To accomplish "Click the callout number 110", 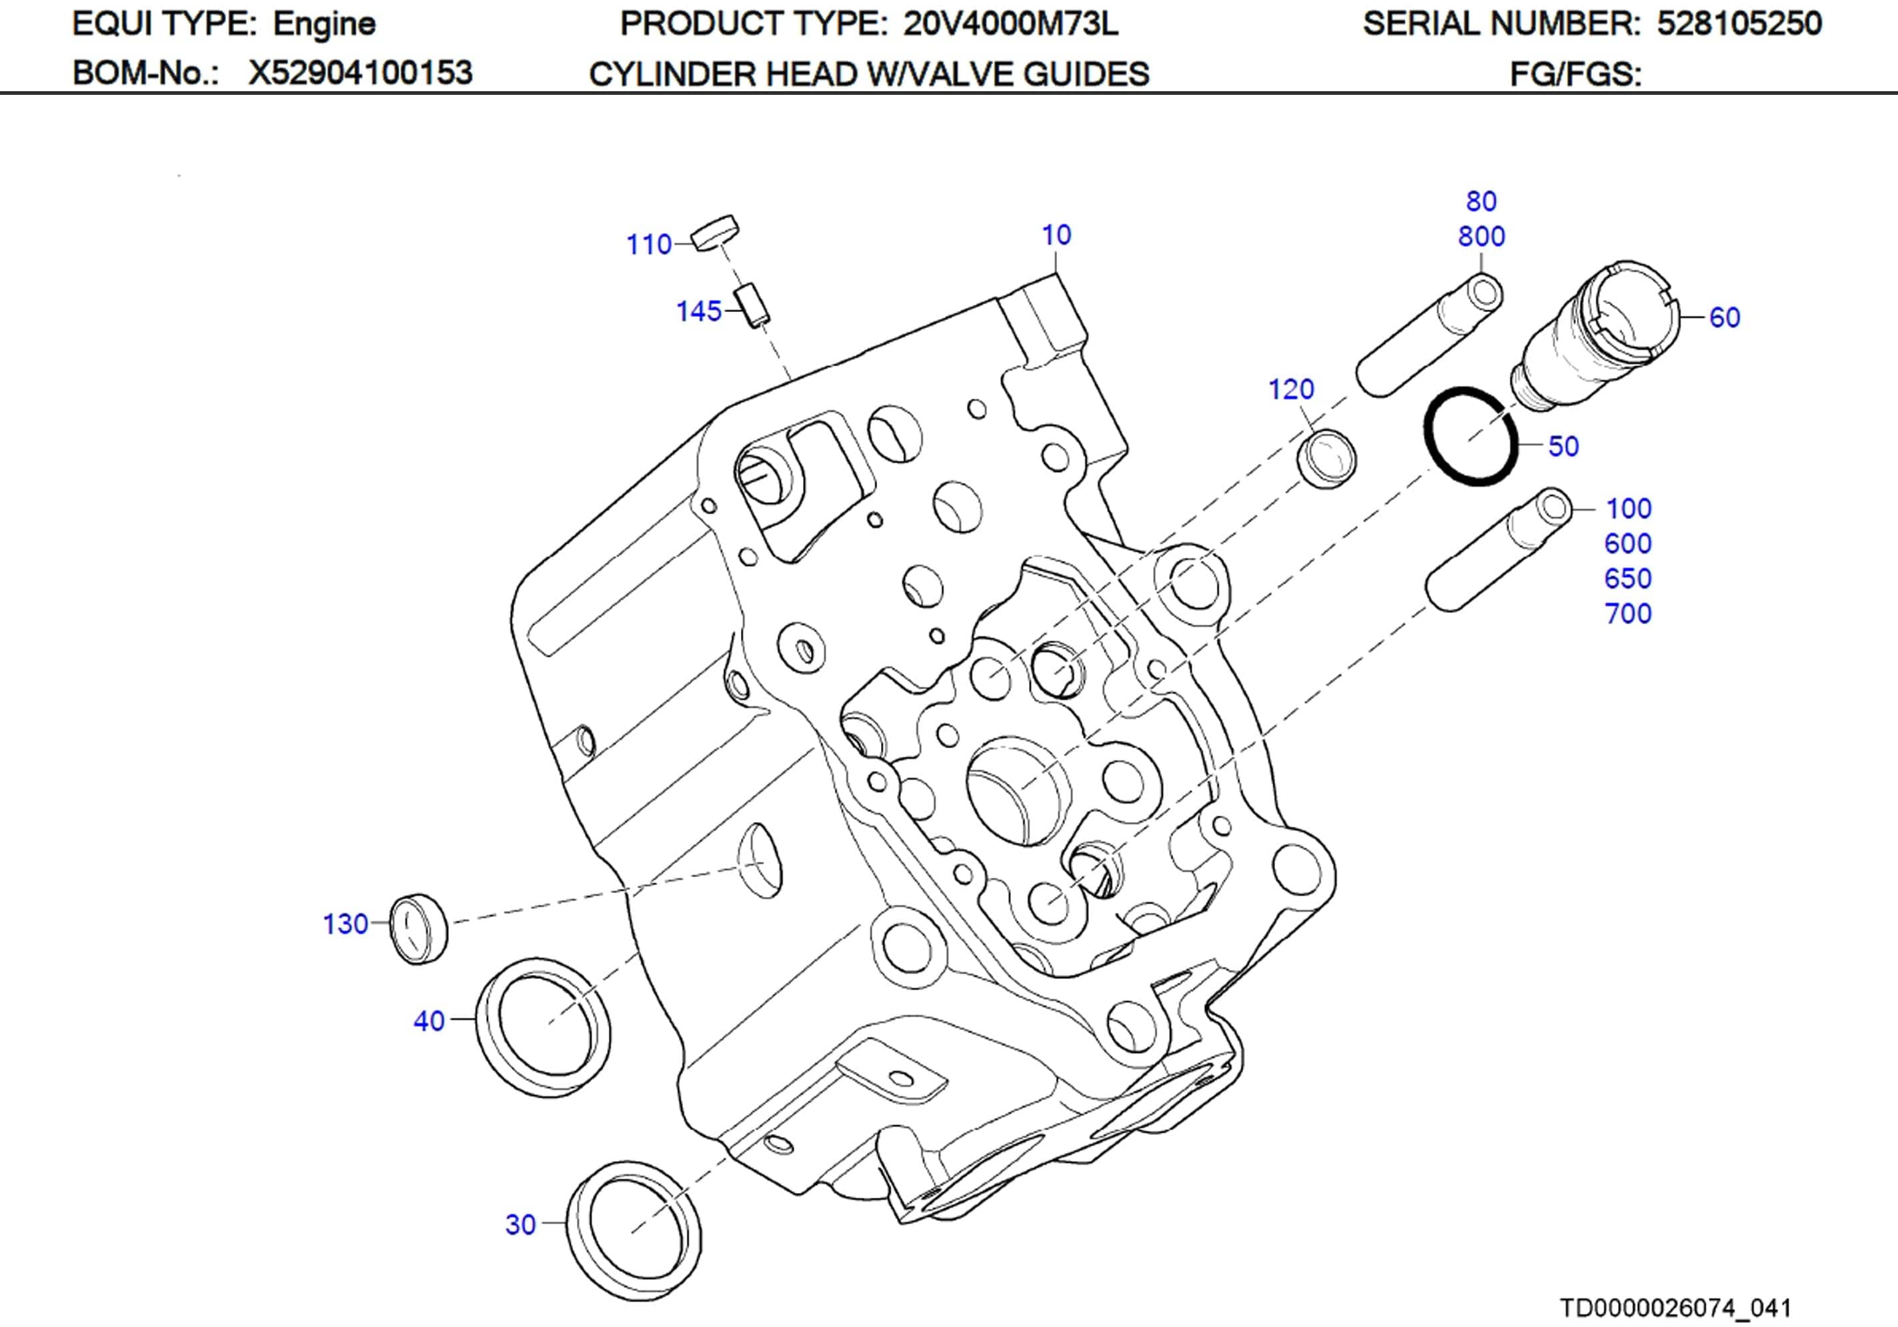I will (649, 245).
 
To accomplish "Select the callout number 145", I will (698, 311).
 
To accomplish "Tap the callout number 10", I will (1056, 235).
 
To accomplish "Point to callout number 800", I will (1481, 237).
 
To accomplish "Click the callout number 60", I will (1725, 317).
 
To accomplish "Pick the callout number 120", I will (1291, 389).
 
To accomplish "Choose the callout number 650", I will (1627, 579).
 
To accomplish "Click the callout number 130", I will (345, 924).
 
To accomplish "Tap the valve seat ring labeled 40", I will (543, 1028).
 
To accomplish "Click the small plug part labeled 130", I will (418, 928).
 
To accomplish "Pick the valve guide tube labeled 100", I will (1498, 550).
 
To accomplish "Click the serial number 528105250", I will (1739, 24).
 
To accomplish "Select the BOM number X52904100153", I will (360, 73).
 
